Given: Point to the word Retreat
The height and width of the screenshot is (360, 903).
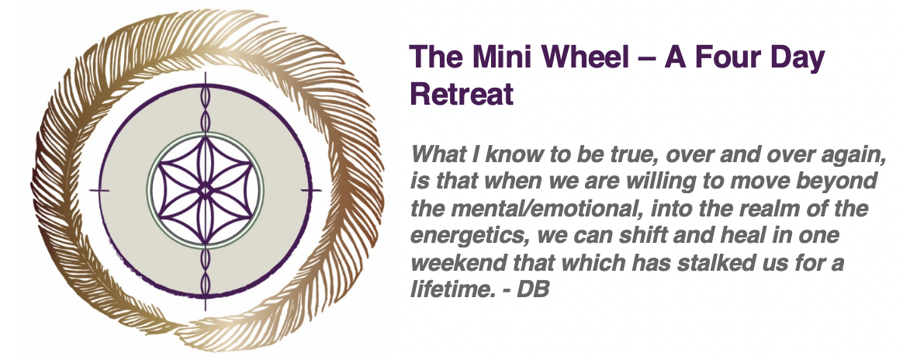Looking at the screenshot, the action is [x=462, y=94].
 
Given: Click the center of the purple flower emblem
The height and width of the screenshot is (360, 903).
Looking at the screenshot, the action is [x=205, y=189].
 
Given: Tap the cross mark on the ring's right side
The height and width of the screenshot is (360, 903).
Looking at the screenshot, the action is [x=312, y=190].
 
